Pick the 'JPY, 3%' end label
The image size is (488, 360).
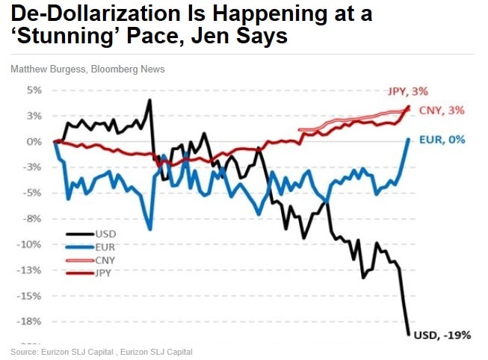(x=407, y=92)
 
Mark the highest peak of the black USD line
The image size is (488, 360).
(x=150, y=100)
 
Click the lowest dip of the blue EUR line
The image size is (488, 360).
(x=150, y=229)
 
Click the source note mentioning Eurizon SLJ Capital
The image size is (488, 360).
(x=102, y=351)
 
